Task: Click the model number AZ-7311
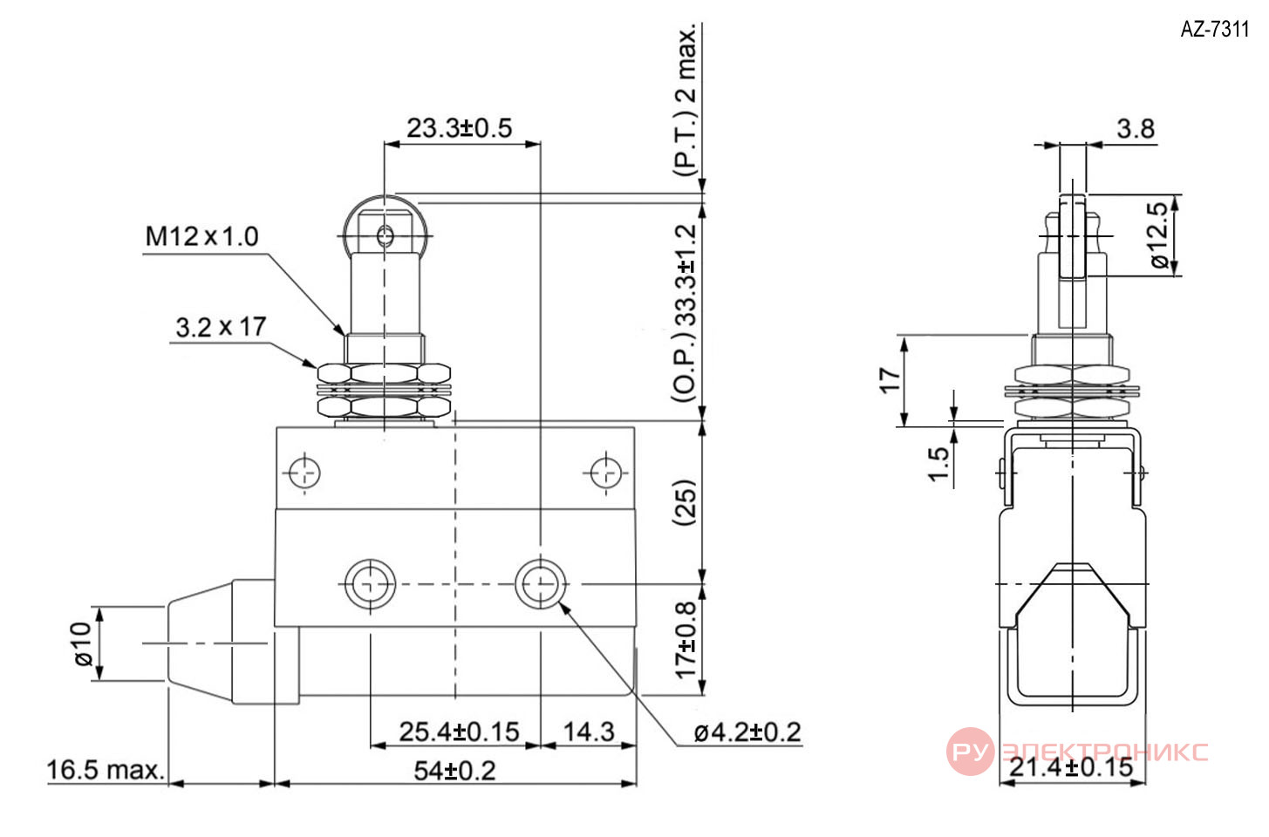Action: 1214,30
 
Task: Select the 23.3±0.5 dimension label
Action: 459,128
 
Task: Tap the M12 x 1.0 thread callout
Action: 201,236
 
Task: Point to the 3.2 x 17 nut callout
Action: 221,327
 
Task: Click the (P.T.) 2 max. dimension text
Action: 686,100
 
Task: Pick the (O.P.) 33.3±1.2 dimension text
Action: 686,313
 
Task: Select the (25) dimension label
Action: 686,502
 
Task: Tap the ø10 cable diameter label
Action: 83,644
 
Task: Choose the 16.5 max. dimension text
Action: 106,770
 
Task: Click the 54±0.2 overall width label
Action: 454,771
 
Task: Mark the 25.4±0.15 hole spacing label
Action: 459,732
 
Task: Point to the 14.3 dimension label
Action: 589,732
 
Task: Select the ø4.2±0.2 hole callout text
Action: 747,732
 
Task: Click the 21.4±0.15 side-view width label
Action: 1071,767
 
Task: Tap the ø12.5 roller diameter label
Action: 1160,235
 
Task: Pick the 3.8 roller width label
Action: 1136,129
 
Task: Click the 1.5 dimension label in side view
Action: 938,464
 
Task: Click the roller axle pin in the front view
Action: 385,235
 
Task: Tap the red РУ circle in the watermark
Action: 970,752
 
